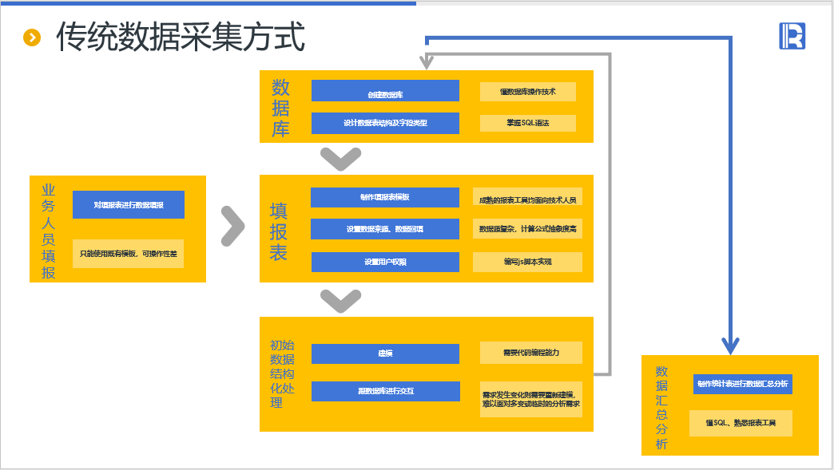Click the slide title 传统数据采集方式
(181, 37)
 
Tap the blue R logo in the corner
(792, 36)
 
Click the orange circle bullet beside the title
(32, 37)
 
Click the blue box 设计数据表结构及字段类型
(385, 123)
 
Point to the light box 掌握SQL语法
(527, 123)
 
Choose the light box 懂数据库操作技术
(527, 91)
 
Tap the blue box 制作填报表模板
(385, 197)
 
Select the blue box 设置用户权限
(385, 262)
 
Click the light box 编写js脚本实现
(527, 262)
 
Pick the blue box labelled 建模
(385, 353)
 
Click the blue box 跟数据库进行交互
(385, 391)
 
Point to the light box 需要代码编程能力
(530, 353)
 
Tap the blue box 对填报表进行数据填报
(128, 205)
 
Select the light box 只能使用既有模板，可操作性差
(128, 254)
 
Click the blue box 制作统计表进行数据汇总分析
(742, 384)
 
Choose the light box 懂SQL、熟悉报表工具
(741, 423)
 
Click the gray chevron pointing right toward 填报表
(232, 227)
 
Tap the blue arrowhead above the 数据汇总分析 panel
(730, 346)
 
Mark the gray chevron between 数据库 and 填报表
(341, 159)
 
